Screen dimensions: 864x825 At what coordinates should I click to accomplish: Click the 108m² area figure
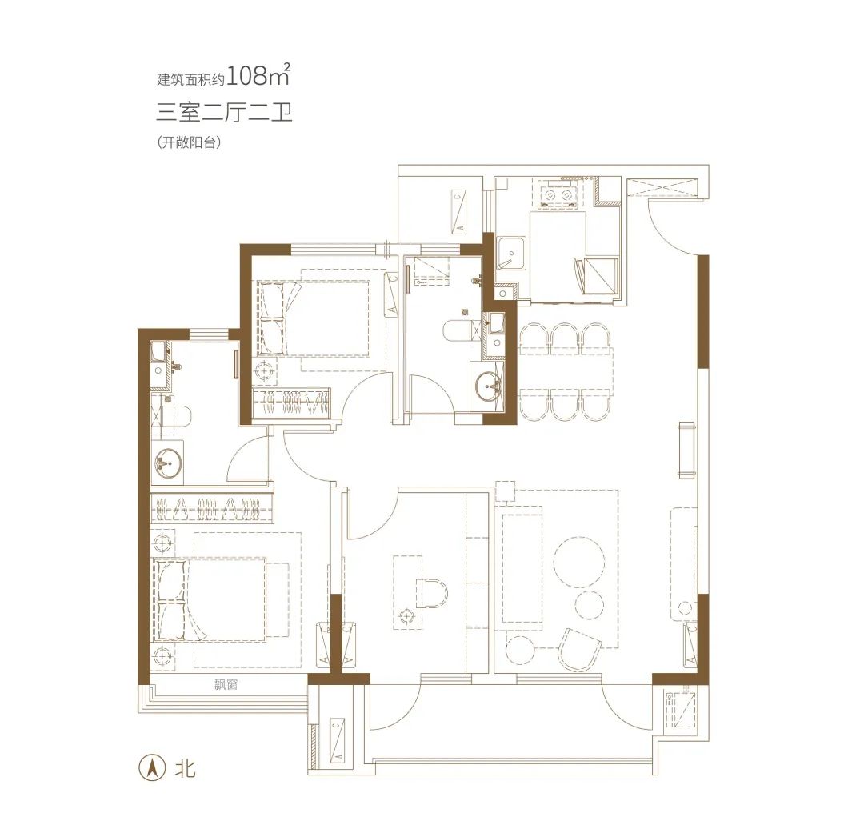[258, 75]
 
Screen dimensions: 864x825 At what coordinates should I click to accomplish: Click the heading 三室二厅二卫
[224, 112]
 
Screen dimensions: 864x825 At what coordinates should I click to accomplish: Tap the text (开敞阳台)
[189, 142]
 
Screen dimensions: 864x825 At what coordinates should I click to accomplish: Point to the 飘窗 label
[226, 685]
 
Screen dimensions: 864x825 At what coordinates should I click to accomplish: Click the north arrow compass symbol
[153, 767]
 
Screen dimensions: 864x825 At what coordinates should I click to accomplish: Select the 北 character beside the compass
[185, 767]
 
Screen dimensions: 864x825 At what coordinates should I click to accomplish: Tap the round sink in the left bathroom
[168, 462]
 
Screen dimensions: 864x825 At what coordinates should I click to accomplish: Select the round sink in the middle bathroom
[488, 385]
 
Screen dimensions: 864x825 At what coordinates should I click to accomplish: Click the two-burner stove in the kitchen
[558, 195]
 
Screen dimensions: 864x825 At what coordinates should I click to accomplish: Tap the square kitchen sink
[510, 253]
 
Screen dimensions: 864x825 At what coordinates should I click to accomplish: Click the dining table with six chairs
[565, 372]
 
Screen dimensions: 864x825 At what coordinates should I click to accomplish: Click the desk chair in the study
[433, 593]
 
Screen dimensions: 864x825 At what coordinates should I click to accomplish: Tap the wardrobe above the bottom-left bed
[212, 507]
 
